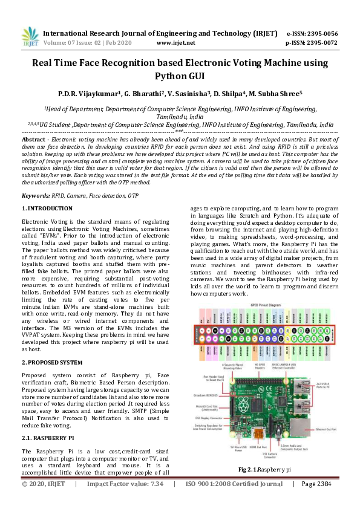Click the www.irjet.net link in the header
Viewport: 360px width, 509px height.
[x=175, y=44]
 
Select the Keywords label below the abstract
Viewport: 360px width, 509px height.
[x=36, y=196]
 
